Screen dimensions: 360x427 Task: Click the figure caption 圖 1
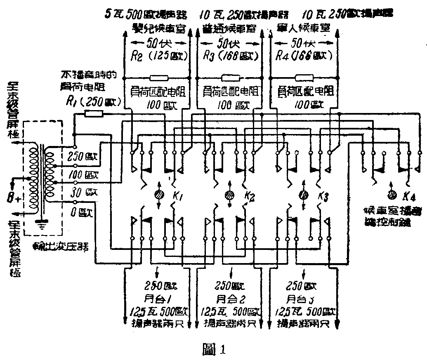click(x=213, y=350)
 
